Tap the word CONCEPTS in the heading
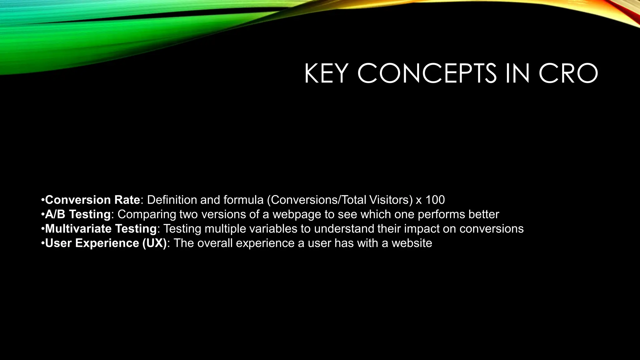tap(427, 74)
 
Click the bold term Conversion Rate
tap(92, 200)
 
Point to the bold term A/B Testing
tap(78, 214)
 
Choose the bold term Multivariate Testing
tap(101, 229)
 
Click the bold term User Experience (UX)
tap(106, 243)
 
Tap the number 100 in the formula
tap(435, 200)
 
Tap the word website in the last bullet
tap(412, 243)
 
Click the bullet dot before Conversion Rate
tap(42, 200)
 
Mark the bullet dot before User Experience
tap(42, 243)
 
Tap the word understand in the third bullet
tap(344, 229)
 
